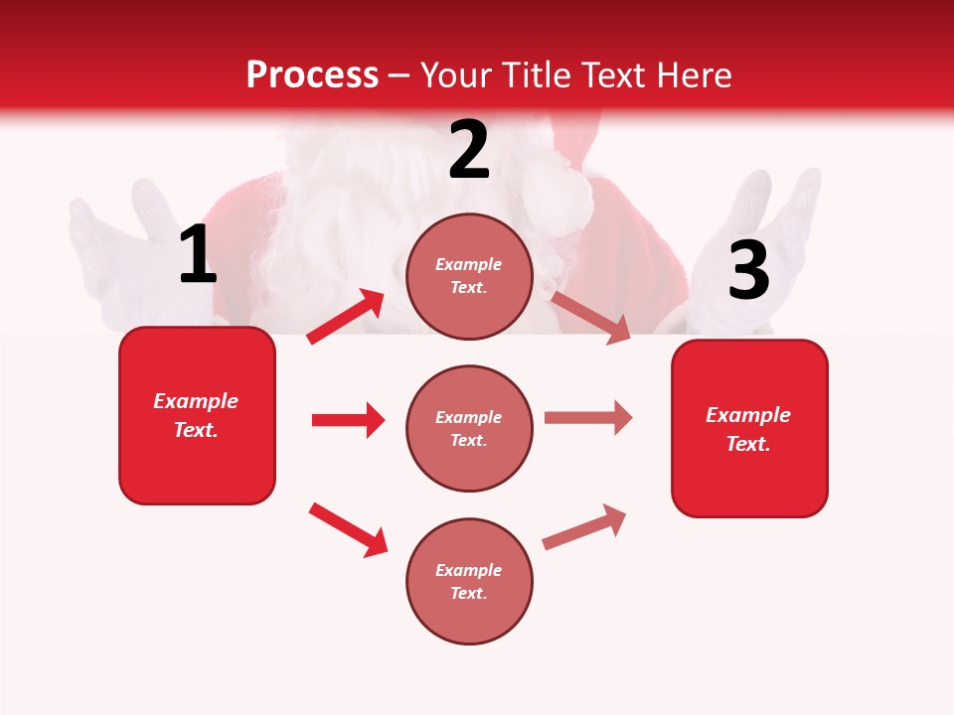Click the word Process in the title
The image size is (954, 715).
312,74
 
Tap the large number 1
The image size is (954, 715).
198,255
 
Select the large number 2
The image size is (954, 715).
469,150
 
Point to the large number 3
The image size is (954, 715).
748,270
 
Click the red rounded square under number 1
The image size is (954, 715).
197,415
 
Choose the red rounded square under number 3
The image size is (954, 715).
749,428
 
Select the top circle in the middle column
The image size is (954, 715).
469,276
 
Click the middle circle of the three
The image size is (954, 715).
469,428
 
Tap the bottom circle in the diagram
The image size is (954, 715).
469,581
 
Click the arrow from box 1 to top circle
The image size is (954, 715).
346,317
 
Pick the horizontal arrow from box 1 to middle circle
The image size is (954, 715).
348,420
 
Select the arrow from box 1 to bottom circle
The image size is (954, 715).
348,529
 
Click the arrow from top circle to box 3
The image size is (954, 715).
590,317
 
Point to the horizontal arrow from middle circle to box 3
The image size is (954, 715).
588,417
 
